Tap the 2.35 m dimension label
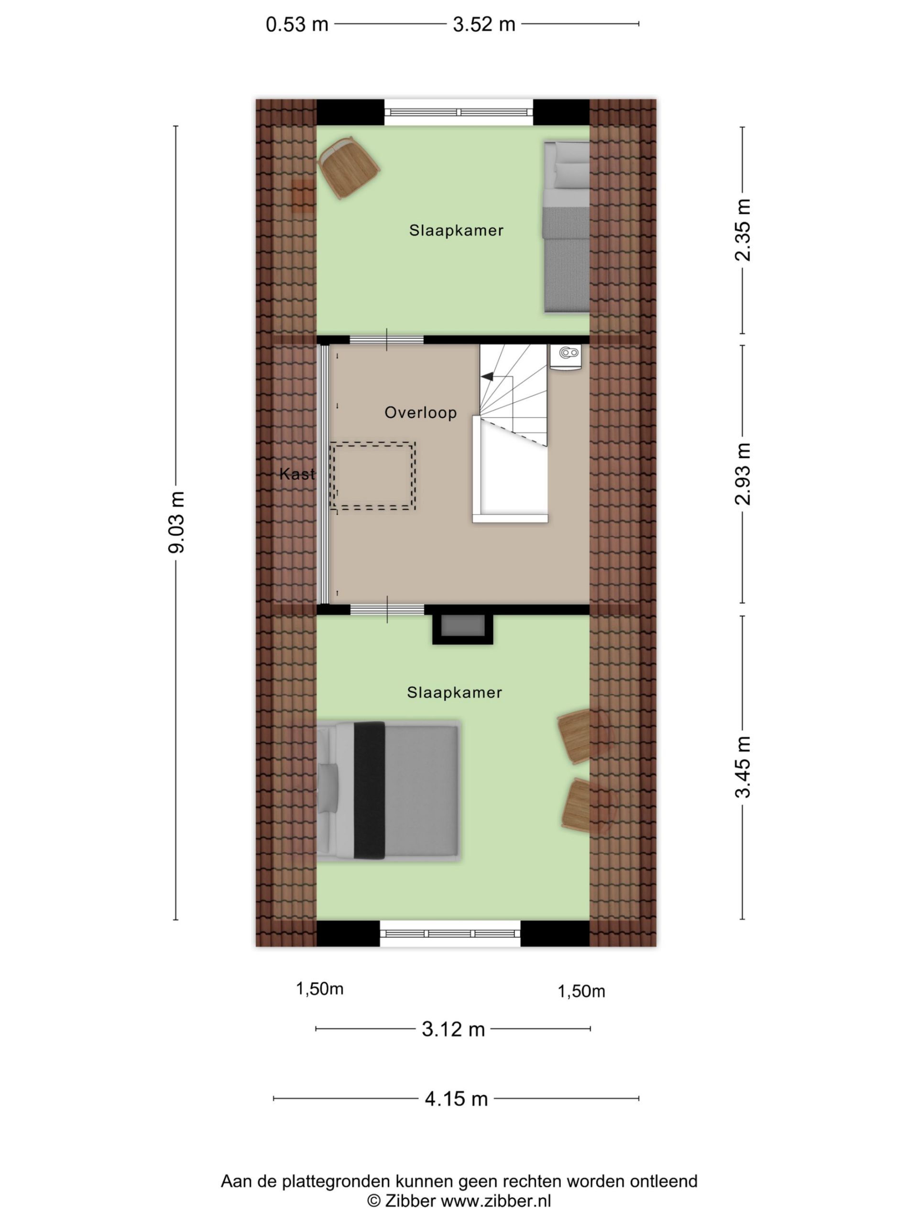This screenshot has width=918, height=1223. coord(743,229)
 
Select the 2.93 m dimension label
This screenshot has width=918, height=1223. coord(743,474)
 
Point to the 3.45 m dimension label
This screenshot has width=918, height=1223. coord(743,767)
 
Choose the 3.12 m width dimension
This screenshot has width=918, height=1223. coord(453,1029)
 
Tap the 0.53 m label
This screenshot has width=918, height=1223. coord(297,24)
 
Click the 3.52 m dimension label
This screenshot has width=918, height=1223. coord(484,24)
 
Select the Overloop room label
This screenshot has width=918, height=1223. coord(421,412)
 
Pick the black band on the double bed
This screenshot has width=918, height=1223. coord(369,791)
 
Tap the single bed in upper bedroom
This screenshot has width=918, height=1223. coord(566,227)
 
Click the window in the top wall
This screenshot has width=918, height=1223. coord(459,112)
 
